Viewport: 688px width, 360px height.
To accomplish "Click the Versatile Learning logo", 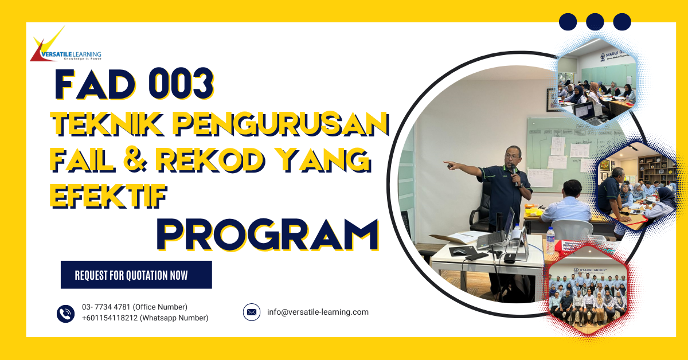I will point(66,46).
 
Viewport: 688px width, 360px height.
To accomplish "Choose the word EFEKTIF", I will point(108,195).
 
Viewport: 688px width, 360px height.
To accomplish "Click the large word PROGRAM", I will point(268,234).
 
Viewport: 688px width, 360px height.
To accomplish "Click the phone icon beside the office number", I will point(66,313).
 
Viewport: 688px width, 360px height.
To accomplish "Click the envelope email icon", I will point(252,312).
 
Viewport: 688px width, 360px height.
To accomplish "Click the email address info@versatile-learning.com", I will point(318,312).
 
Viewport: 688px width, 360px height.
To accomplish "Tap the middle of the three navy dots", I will point(595,22).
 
